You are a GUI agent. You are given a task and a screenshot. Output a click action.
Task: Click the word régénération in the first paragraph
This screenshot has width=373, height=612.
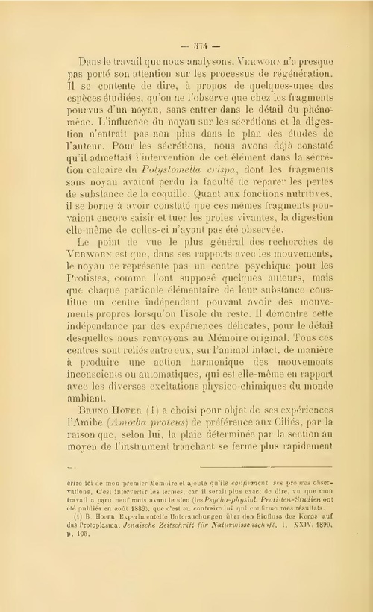tap(292, 76)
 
